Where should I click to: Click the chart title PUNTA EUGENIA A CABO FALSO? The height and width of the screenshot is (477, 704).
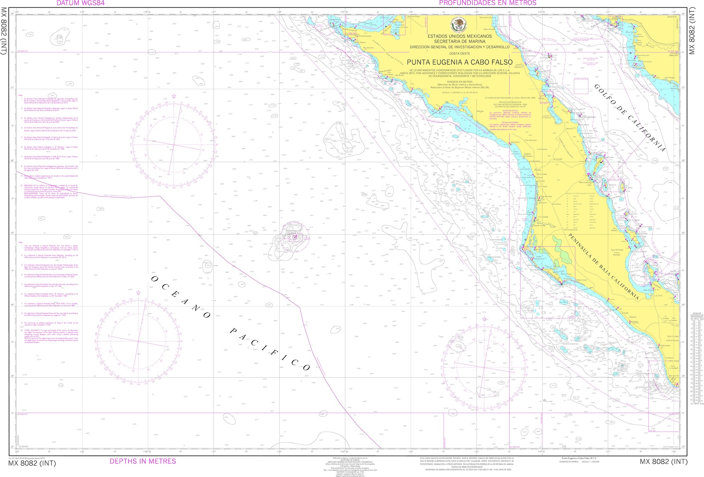[460, 62]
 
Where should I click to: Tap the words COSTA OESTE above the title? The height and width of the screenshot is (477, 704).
[459, 53]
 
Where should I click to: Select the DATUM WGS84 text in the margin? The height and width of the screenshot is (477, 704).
[81, 3]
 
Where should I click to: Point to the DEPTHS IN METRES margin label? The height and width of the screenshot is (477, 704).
[143, 461]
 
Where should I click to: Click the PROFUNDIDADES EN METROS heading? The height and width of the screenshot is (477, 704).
[488, 3]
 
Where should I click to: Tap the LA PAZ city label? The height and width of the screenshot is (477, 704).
[658, 295]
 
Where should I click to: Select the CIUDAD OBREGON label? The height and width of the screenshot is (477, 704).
[673, 54]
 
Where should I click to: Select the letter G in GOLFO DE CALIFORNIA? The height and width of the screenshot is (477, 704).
[597, 87]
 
